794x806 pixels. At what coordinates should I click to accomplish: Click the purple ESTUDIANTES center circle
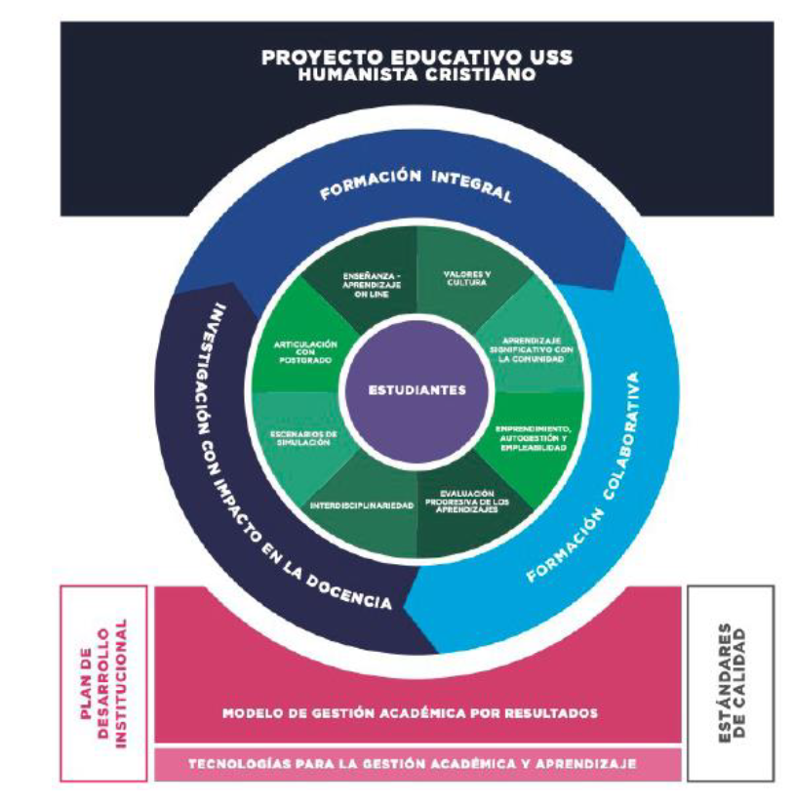tap(417, 389)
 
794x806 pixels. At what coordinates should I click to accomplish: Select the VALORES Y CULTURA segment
tap(465, 278)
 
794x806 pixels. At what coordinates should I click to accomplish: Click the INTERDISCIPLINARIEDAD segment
tap(361, 505)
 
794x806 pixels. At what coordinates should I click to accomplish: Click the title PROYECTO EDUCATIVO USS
tap(417, 57)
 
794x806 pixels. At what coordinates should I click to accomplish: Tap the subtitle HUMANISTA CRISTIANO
tap(417, 75)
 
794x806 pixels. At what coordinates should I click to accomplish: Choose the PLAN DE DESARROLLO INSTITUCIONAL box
tap(103, 683)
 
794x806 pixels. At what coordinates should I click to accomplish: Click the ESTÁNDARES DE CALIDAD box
tap(731, 683)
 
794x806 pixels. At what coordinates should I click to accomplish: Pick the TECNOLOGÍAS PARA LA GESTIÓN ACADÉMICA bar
tap(417, 763)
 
